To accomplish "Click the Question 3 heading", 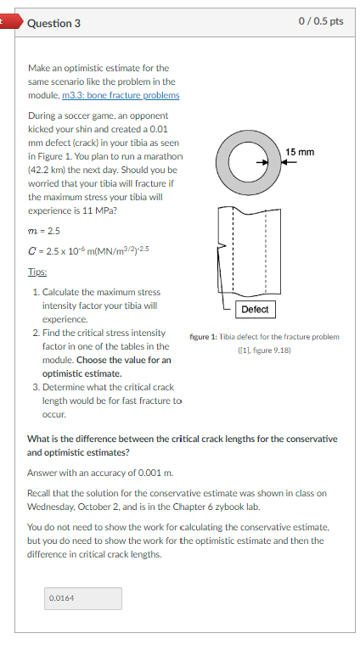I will tap(53, 23).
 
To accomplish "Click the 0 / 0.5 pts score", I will tap(323, 21).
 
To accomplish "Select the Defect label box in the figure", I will tap(255, 309).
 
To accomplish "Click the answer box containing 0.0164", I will tap(83, 598).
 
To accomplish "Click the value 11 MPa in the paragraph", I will tap(119, 210).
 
